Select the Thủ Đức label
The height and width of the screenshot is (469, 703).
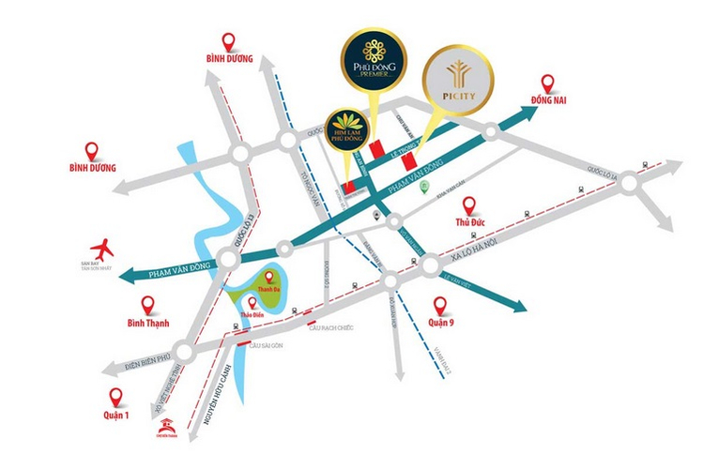tap(469, 223)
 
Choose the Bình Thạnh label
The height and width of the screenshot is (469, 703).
tap(147, 326)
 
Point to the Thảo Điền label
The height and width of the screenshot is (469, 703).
tap(247, 318)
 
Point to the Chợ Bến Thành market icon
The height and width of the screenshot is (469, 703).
tap(165, 429)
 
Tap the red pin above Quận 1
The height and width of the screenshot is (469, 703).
tap(115, 396)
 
